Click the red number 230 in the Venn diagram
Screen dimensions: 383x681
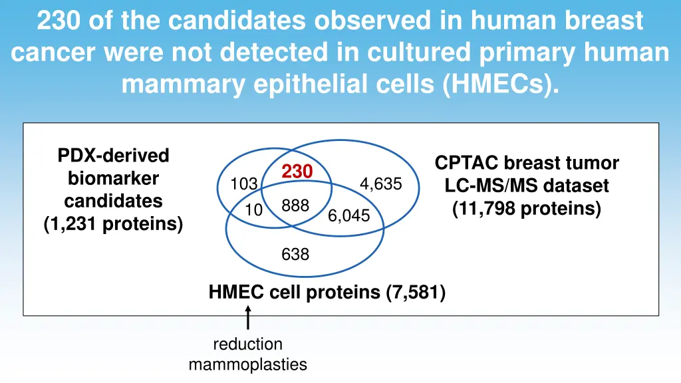(x=297, y=172)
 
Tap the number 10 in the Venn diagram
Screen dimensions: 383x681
(x=253, y=210)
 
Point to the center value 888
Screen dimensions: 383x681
(x=295, y=206)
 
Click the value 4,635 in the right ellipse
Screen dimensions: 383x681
(x=380, y=184)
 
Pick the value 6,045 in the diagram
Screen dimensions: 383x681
(x=348, y=215)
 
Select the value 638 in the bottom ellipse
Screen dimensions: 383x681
(x=295, y=253)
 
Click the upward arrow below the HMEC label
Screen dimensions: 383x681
(x=248, y=317)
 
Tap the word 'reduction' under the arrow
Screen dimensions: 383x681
(x=247, y=344)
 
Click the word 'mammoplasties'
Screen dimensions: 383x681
(x=247, y=364)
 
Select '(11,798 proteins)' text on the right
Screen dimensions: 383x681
(x=527, y=209)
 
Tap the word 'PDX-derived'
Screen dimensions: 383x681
(x=113, y=156)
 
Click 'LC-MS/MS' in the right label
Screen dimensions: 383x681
(x=483, y=186)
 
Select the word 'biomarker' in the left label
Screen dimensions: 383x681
(x=113, y=178)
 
